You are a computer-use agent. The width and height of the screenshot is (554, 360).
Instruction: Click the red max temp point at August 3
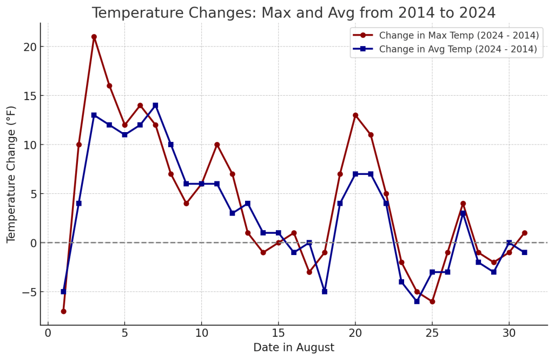click(94, 37)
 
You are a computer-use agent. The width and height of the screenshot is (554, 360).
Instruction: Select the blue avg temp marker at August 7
click(155, 106)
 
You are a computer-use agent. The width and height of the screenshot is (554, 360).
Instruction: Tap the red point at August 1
click(63, 311)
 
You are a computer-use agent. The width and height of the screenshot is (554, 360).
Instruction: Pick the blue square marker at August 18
click(325, 292)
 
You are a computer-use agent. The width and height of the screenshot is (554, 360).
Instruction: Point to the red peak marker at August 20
click(355, 115)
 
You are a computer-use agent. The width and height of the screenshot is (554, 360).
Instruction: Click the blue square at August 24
click(417, 302)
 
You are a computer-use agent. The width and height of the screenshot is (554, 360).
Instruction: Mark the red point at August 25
click(432, 302)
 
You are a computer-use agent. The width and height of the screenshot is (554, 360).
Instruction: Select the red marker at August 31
click(524, 233)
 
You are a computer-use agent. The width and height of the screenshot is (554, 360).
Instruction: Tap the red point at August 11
click(217, 145)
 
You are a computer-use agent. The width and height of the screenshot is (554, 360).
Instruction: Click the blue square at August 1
click(63, 292)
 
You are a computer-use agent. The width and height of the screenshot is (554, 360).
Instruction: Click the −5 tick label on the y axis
click(27, 292)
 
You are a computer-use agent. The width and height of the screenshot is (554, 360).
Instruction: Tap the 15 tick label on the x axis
click(278, 333)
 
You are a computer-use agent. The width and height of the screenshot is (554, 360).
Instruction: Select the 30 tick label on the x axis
click(509, 333)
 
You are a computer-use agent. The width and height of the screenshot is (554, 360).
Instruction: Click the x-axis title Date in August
click(294, 348)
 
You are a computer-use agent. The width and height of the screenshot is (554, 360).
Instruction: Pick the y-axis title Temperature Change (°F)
click(12, 174)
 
